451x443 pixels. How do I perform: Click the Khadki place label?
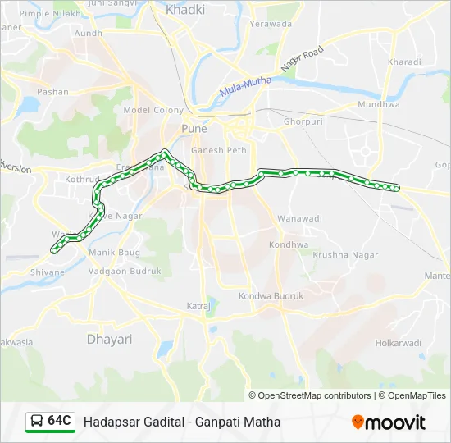(x=185, y=10)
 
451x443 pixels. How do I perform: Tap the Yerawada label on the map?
(x=271, y=24)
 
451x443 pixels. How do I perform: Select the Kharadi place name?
(x=404, y=62)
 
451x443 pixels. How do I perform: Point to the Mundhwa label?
(x=378, y=105)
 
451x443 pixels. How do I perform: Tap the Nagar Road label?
(x=303, y=59)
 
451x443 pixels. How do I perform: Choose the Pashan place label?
(x=53, y=92)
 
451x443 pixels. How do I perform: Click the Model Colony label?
(x=153, y=110)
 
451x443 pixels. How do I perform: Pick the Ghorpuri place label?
(x=304, y=121)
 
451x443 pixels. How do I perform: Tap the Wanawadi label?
(x=299, y=219)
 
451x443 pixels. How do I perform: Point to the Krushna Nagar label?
(x=345, y=255)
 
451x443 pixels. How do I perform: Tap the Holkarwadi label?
(x=398, y=343)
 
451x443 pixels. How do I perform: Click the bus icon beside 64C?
(x=38, y=421)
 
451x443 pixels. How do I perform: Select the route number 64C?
(x=60, y=421)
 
